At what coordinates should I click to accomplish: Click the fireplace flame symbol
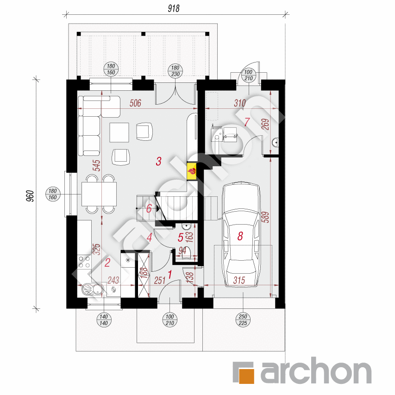pos(192,171)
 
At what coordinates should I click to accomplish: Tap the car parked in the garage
pos(241,234)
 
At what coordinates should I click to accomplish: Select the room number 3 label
pos(158,161)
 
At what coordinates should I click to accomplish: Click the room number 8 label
pos(240,236)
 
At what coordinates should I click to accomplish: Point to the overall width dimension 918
pos(174,8)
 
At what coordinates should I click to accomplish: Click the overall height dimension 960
pos(30,196)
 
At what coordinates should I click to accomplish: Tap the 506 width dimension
pos(135,103)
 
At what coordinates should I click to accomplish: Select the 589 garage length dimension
pos(265,217)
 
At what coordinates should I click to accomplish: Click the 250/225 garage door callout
pos(243,320)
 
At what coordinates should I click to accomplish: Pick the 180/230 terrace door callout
pos(176,71)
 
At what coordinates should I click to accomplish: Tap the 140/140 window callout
pos(104,320)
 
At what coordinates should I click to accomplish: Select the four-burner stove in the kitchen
pos(84,262)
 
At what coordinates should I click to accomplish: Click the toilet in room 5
pos(186,253)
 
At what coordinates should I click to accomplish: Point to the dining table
pos(99,194)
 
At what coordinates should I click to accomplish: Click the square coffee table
pos(119,132)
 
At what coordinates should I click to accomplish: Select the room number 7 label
pos(247,122)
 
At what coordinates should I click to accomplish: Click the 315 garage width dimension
pos(239,280)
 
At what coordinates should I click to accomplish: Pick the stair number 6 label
pos(149,208)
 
